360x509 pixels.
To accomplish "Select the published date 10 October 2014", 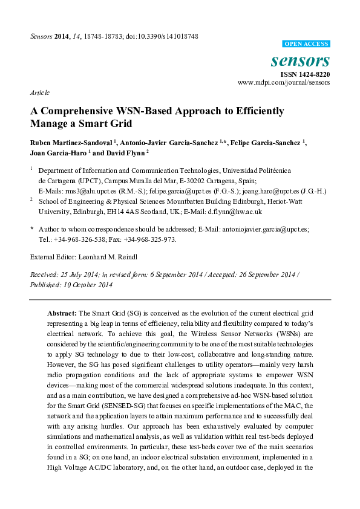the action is click(75, 284).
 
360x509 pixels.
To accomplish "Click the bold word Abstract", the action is click(62, 314).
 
